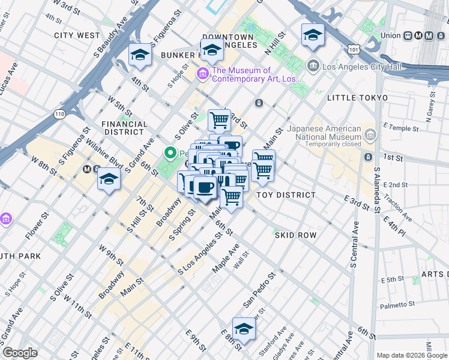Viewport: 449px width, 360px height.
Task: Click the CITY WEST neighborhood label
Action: pos(77,35)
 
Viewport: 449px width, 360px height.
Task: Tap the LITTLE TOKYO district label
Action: pos(357,97)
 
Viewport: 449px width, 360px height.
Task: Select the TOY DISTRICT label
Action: pos(286,195)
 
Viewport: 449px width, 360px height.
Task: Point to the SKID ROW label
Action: pos(295,235)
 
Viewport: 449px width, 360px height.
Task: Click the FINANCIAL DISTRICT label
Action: pos(125,128)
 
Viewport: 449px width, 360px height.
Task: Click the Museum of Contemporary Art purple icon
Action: pos(203,74)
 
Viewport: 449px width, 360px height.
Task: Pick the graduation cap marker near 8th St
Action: pos(244,329)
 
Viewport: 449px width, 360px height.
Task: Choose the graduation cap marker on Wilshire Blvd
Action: pos(109,179)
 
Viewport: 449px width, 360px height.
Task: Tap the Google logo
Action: pos(20,353)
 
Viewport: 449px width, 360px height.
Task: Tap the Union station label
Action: pos(390,35)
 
